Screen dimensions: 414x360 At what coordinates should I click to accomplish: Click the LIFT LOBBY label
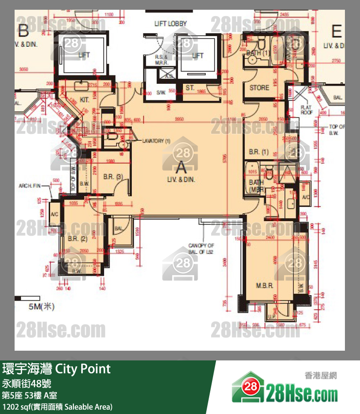point(170,23)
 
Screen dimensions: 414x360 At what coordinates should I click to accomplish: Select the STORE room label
point(259,88)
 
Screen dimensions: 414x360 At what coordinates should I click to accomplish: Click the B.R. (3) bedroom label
point(113,177)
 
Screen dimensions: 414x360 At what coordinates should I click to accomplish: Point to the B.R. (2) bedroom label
point(77,239)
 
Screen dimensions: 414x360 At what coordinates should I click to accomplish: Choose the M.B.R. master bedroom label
point(264,286)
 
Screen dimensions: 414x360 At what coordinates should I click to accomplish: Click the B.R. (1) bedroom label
point(259,152)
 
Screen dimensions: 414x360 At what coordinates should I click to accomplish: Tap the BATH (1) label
point(258,53)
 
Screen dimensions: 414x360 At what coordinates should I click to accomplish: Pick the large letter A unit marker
point(181,168)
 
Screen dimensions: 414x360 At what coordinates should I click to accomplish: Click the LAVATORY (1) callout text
point(157,141)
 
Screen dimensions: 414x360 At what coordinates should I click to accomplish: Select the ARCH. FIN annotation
point(30,186)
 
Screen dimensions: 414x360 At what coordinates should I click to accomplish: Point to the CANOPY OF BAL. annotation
point(201,248)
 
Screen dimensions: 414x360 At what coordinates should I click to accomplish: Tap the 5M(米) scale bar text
point(42,306)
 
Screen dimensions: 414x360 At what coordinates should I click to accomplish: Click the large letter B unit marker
point(23,32)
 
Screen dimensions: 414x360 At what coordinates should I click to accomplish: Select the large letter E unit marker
point(336,32)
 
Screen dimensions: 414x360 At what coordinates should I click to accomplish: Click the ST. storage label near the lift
point(190,88)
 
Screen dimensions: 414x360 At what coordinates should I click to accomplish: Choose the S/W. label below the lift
point(161,93)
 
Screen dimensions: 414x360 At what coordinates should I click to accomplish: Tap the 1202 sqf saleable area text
point(57,406)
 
